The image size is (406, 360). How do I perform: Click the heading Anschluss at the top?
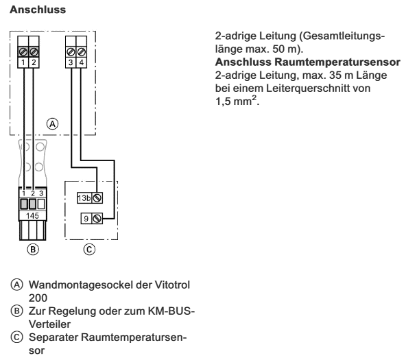pos(38,10)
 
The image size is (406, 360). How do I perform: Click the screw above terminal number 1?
pos(23,52)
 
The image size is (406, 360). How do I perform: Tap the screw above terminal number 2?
pos(34,52)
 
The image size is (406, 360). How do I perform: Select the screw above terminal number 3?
pos(71,52)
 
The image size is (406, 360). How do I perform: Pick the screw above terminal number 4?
pos(82,52)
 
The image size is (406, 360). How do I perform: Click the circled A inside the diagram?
pos(53,124)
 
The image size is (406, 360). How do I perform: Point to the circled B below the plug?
pos(33,250)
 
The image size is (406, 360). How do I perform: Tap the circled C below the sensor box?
pos(89,250)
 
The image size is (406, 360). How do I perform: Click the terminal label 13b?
pos(84,198)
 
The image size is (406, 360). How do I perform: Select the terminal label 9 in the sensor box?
pos(86,219)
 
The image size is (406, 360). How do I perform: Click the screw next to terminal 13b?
pos(97,198)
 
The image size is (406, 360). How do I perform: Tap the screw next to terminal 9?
pos(97,219)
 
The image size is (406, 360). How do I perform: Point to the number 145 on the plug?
pos(32,215)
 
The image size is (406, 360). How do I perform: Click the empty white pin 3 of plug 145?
pos(41,204)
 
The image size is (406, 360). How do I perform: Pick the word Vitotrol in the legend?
pos(172,285)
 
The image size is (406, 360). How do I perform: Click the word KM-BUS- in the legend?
pos(171,311)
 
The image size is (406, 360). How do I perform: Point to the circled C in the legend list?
pos(17,337)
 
